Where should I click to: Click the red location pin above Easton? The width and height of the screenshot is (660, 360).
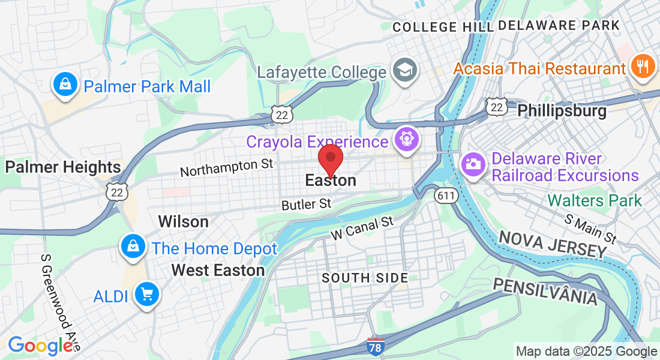pos(330,158)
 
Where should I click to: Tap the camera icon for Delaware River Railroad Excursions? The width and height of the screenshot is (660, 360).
pos(473,164)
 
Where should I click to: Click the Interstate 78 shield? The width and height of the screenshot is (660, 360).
pos(376,346)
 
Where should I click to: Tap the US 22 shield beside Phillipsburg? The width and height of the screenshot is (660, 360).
pos(497,107)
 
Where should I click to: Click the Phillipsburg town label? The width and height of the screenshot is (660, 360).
pos(562,111)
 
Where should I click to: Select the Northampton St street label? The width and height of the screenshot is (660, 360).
pos(226,167)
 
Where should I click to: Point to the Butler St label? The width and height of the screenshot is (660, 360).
pos(306,205)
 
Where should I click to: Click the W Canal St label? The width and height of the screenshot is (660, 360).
pos(363,229)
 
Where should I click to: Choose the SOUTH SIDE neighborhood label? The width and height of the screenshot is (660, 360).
pos(365,278)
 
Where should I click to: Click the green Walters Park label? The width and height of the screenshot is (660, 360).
pos(595,200)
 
